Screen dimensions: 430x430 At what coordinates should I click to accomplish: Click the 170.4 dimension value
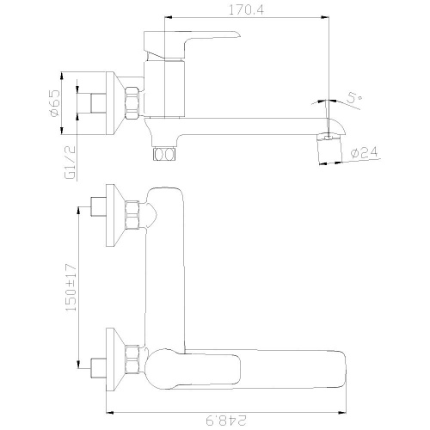pyautogui.click(x=246, y=10)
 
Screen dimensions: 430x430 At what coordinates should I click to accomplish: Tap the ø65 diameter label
pyautogui.click(x=54, y=103)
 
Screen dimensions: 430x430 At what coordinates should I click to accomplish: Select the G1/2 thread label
pyautogui.click(x=71, y=163)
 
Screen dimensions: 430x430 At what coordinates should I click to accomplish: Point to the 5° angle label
pyautogui.click(x=354, y=98)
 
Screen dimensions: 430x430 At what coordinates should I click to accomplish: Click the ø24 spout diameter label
pyautogui.click(x=364, y=152)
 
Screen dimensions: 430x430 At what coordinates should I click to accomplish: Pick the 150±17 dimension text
pyautogui.click(x=71, y=287)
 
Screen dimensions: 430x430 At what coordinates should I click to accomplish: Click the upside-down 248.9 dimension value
pyautogui.click(x=226, y=421)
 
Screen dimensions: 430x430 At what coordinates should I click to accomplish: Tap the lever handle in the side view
pyautogui.click(x=192, y=45)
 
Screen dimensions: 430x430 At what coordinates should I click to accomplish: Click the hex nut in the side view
pyautogui.click(x=132, y=103)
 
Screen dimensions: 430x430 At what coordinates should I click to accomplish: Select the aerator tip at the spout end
pyautogui.click(x=329, y=148)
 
